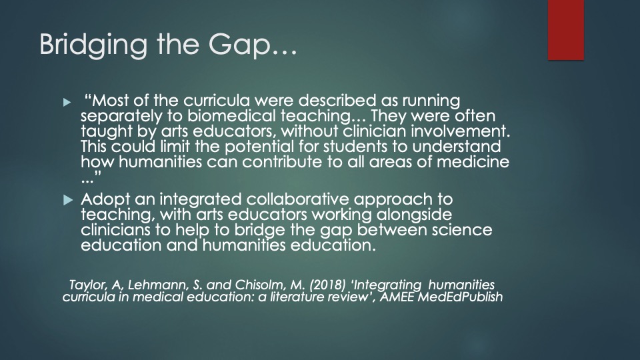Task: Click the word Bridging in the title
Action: pos(93,45)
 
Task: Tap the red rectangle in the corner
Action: pos(566,30)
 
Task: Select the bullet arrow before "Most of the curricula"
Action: pos(67,102)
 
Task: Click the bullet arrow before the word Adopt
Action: pos(68,200)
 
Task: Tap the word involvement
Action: pos(460,131)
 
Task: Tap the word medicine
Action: pos(473,162)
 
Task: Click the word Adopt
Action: pos(105,199)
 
